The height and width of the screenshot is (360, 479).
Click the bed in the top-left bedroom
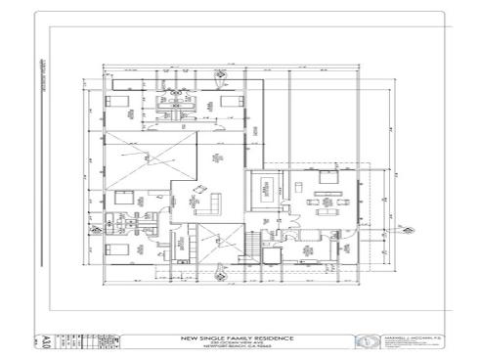pos(110,101)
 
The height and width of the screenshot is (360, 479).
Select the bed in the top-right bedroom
pos(232,101)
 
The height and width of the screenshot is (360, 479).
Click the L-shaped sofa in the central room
pos(208,202)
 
